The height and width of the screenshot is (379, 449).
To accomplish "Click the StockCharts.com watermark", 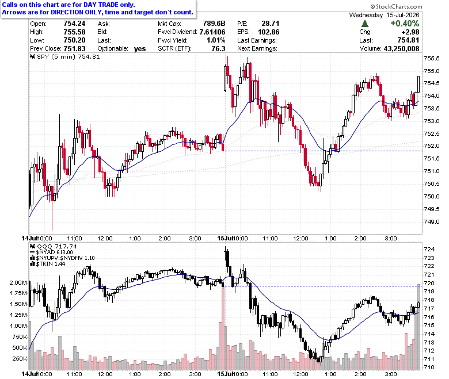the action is (396, 6).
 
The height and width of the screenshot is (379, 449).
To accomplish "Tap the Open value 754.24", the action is (74, 24).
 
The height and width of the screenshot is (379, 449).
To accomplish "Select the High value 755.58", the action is (74, 32).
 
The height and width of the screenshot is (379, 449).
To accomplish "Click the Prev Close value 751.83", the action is (74, 49).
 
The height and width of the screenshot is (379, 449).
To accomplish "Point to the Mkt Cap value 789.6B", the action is (214, 24).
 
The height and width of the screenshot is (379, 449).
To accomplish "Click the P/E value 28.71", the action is (271, 24).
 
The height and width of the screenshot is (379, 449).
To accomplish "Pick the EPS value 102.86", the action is (269, 32).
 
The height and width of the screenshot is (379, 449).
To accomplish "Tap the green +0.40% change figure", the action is (405, 24).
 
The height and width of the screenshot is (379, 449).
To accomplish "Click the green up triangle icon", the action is (365, 24).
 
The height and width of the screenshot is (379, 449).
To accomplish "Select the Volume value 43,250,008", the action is (401, 49).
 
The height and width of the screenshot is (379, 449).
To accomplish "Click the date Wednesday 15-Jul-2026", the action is (384, 15).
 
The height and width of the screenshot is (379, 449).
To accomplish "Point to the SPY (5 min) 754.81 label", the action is (65, 57).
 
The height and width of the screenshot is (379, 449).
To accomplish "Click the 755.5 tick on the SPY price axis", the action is (432, 59).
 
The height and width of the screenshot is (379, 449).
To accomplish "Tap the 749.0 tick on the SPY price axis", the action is (432, 221).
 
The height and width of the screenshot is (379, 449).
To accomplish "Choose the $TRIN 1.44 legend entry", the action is (48, 264).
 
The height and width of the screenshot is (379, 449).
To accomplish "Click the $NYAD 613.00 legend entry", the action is (52, 252).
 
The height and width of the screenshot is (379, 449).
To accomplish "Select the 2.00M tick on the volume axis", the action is (18, 283).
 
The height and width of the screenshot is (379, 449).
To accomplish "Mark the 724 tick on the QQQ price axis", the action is (429, 250).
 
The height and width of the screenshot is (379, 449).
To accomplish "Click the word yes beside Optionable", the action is (140, 49).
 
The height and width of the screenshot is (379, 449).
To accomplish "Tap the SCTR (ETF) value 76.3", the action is (218, 49).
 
